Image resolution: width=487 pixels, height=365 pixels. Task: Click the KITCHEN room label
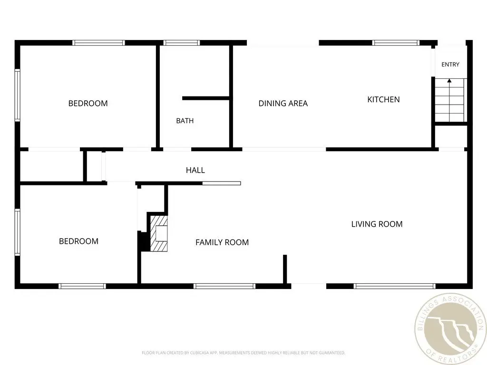click(x=383, y=99)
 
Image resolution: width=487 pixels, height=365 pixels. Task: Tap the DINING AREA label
click(x=283, y=103)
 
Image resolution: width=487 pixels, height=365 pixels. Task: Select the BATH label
click(x=185, y=121)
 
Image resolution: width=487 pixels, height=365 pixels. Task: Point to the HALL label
click(x=195, y=170)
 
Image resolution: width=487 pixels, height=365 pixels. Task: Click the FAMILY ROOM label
click(x=222, y=242)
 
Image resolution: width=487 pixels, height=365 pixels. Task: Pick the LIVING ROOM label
click(x=377, y=224)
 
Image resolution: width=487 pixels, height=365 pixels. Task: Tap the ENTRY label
click(x=450, y=65)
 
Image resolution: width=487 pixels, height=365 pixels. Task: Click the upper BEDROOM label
click(x=88, y=103)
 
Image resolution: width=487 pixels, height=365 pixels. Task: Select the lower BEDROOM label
click(x=78, y=241)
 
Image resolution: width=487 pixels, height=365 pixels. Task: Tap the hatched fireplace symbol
click(x=159, y=233)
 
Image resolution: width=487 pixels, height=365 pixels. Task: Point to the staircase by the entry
click(x=450, y=100)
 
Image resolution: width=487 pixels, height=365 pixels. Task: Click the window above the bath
click(x=182, y=43)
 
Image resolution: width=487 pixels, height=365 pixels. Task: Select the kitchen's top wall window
click(x=396, y=43)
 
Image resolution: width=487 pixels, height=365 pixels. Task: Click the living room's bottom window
click(x=394, y=286)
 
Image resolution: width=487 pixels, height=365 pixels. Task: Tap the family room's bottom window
click(x=224, y=286)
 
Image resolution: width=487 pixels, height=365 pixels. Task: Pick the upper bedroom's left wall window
click(x=18, y=95)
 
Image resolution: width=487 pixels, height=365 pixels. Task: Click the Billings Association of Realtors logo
click(x=450, y=329)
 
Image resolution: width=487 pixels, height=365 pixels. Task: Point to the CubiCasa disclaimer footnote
click(x=243, y=353)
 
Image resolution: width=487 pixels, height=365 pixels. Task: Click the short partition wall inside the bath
click(x=205, y=98)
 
